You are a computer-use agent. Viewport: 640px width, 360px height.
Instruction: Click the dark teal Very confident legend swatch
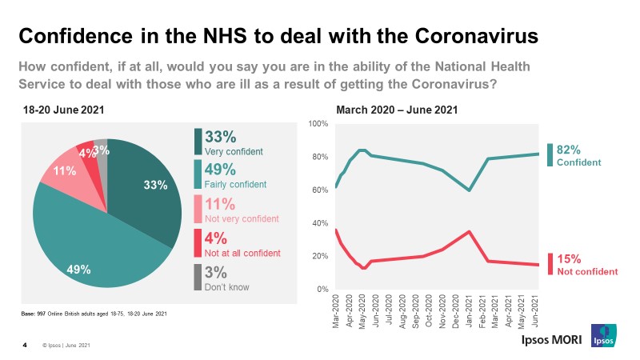coord(198,141)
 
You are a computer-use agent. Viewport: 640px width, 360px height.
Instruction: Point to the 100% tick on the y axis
coord(318,124)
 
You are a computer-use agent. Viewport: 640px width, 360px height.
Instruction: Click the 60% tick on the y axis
coord(320,190)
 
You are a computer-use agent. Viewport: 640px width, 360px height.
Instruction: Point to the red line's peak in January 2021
coord(469,231)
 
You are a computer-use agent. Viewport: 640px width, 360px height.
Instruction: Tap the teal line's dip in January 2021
coord(469,190)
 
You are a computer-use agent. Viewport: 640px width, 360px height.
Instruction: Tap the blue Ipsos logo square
coord(602,336)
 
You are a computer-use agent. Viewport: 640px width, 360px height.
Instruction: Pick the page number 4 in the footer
coord(25,345)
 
